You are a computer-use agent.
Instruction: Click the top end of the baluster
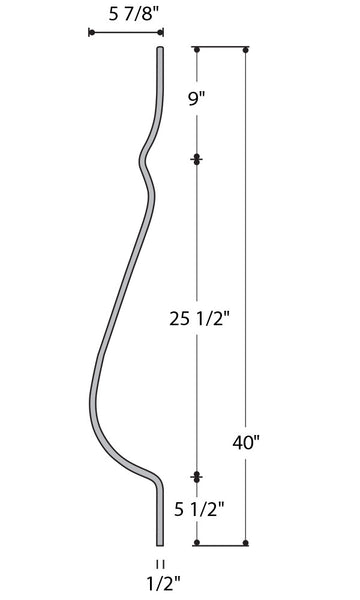[160, 48]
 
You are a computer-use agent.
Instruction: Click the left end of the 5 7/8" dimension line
[91, 32]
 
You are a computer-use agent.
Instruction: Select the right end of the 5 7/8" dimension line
[160, 32]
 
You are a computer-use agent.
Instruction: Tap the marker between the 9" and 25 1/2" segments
[197, 159]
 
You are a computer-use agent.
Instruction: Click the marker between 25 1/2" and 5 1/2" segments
[197, 476]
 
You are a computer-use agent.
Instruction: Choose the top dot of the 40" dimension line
[246, 48]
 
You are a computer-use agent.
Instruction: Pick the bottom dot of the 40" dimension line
[246, 543]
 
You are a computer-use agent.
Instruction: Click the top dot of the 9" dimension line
[197, 48]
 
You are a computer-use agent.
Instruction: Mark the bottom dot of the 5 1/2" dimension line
[197, 543]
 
